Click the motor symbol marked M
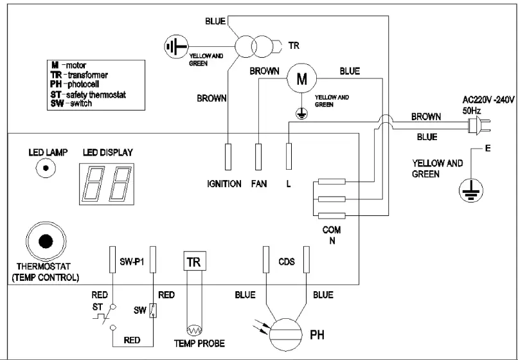click(x=297, y=78)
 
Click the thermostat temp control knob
click(x=45, y=242)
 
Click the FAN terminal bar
click(x=258, y=156)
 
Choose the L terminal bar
click(x=289, y=156)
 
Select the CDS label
click(x=286, y=261)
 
